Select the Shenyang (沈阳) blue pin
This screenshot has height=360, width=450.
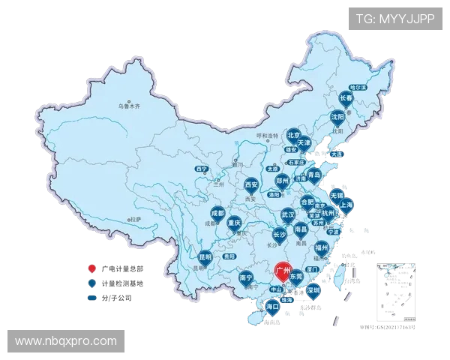[x=338, y=118]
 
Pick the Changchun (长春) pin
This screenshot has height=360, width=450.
[x=346, y=99]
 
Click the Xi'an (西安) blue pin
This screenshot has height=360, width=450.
[x=251, y=184]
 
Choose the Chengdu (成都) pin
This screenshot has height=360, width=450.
[x=217, y=214]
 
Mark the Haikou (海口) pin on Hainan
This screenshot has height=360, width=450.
[x=272, y=307]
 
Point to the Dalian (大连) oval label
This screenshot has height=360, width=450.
[x=337, y=154]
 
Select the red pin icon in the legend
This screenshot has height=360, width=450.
[x=91, y=268]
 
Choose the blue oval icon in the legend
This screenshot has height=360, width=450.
[x=91, y=298]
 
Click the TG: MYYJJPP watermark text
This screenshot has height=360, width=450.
[x=394, y=18]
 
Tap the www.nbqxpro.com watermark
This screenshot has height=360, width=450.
[x=66, y=341]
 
